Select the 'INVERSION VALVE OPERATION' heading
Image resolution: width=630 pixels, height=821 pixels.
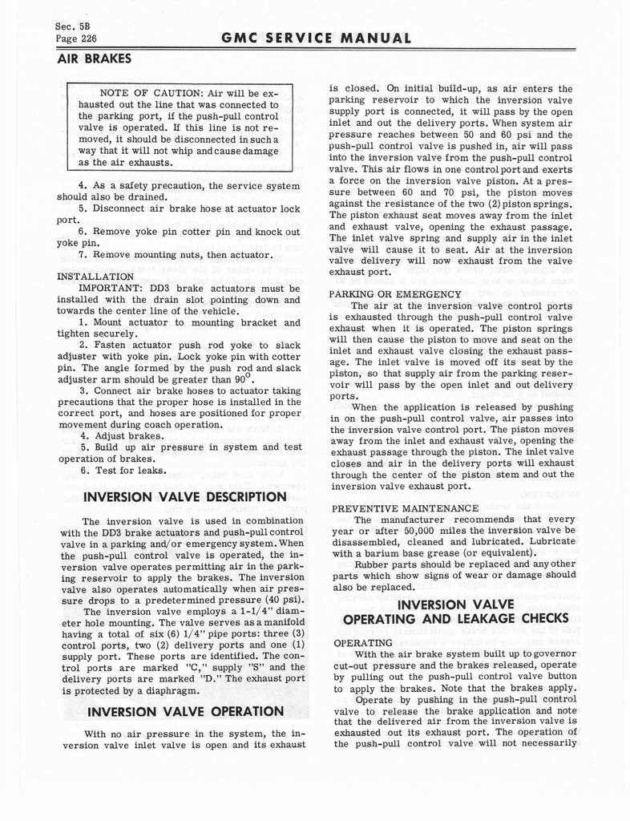point(184,711)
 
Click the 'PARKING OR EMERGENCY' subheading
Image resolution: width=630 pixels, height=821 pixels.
point(395,293)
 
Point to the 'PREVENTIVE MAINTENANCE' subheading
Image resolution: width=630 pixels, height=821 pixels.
point(404,508)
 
